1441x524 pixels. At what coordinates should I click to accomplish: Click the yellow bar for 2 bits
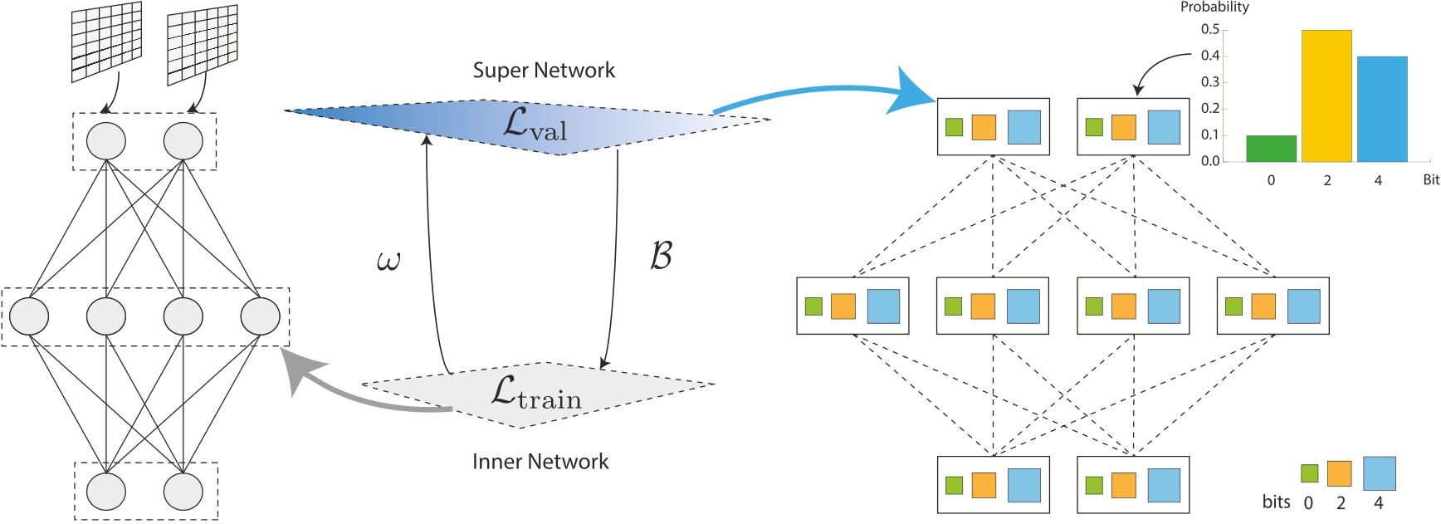pyautogui.click(x=1326, y=95)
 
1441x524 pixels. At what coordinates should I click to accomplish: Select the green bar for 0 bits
pyautogui.click(x=1271, y=149)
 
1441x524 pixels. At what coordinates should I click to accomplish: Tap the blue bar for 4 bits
pyautogui.click(x=1382, y=109)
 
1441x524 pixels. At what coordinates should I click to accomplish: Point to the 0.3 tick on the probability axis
pyautogui.click(x=1210, y=82)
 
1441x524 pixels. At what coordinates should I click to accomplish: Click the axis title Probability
pyautogui.click(x=1214, y=7)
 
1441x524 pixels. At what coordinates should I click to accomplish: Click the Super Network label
pyautogui.click(x=544, y=71)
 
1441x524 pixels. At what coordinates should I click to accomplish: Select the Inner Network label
pyautogui.click(x=540, y=462)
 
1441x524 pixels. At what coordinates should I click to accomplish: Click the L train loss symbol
pyautogui.click(x=535, y=392)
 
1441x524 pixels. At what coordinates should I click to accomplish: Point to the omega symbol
pyautogui.click(x=388, y=262)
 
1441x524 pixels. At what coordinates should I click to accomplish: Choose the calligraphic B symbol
pyautogui.click(x=661, y=256)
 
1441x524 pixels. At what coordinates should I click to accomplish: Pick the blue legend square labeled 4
pyautogui.click(x=1379, y=473)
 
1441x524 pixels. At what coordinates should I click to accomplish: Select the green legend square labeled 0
pyautogui.click(x=1309, y=473)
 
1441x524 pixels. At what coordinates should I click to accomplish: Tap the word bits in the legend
pyautogui.click(x=1276, y=502)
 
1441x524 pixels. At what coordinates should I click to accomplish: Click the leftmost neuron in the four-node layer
pyautogui.click(x=29, y=316)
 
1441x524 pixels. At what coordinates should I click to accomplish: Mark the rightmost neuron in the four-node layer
pyautogui.click(x=260, y=316)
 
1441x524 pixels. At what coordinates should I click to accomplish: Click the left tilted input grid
pyautogui.click(x=106, y=42)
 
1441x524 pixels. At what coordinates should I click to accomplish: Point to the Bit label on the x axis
pyautogui.click(x=1430, y=180)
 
